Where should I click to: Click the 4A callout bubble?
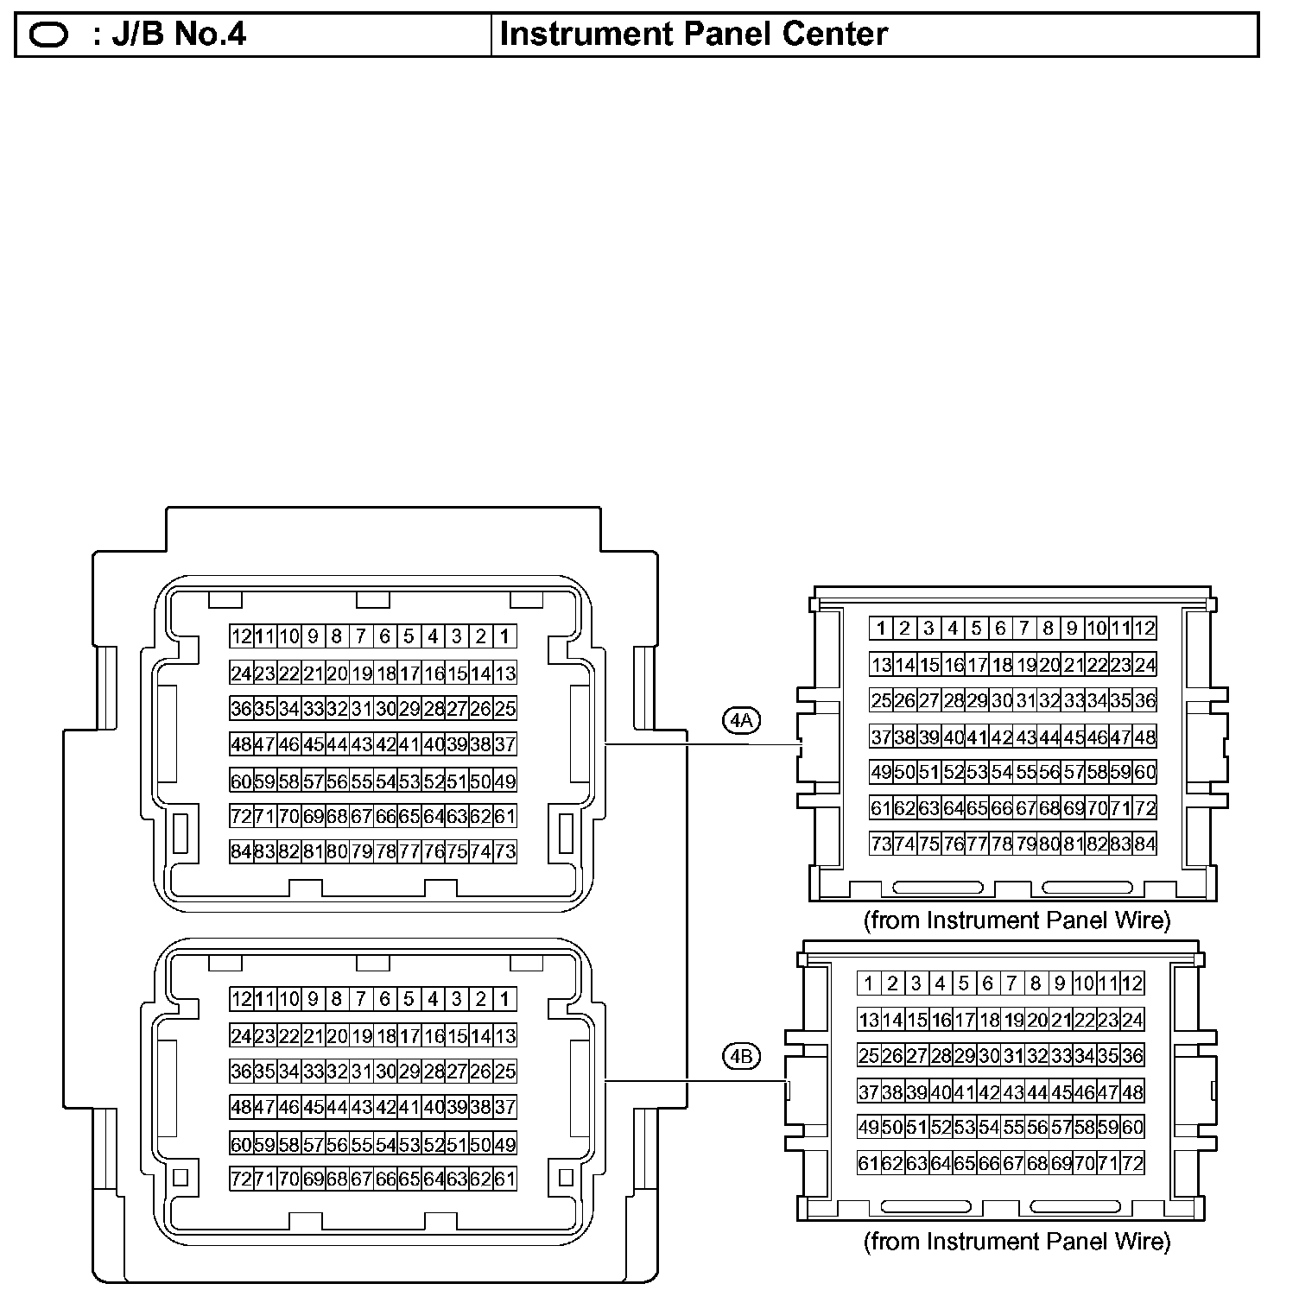[741, 719]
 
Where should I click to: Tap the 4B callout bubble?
[741, 1056]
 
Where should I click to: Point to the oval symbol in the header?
[49, 35]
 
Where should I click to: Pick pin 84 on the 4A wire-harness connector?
[1144, 844]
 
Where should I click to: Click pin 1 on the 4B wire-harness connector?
[869, 983]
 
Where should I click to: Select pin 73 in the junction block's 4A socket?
[505, 851]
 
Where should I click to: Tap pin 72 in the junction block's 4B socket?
[241, 1179]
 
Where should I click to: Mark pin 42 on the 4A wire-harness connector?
[1001, 737]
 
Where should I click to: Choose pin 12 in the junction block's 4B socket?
[241, 1000]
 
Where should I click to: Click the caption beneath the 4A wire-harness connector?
[1017, 920]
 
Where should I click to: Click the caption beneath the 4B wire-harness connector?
[1017, 1242]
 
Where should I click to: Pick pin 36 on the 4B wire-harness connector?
[1132, 1055]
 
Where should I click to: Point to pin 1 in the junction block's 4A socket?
[505, 637]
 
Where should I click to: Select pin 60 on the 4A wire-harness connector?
[1144, 772]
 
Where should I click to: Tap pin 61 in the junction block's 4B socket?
[505, 1179]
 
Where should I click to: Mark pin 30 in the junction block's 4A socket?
[385, 709]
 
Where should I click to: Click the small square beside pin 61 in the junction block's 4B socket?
[567, 1177]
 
